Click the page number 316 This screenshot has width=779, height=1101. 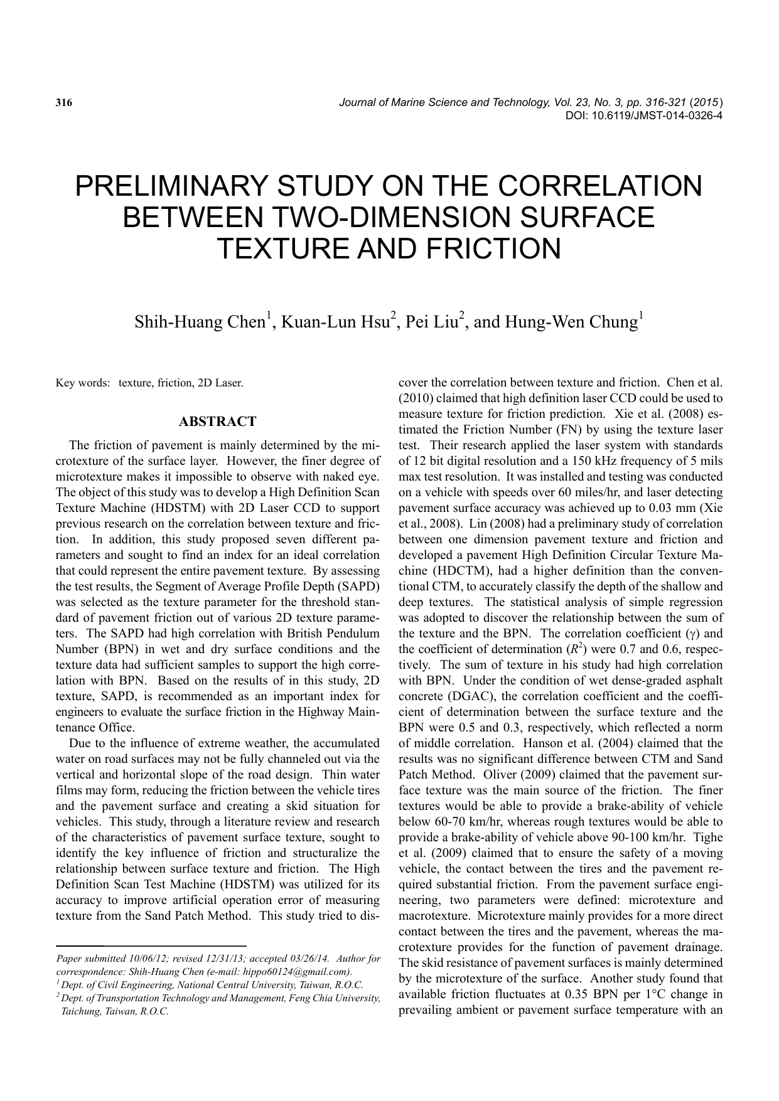point(64,102)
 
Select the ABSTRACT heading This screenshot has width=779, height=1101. point(217,422)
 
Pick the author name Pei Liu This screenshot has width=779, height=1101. point(432,322)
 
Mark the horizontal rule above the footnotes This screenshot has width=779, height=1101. point(151,945)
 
